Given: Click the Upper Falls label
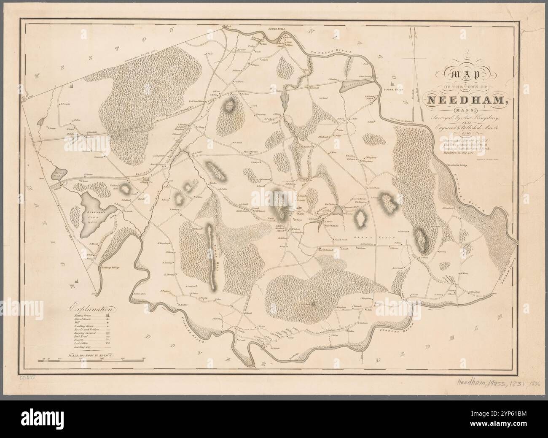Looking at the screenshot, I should (394, 90).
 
